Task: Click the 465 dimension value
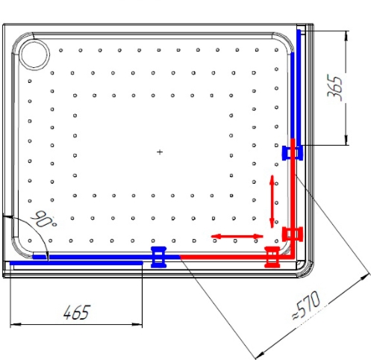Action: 76,312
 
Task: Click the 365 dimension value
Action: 334,87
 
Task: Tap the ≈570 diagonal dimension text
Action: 306,305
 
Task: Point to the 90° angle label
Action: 44,220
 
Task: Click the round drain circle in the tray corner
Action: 34,54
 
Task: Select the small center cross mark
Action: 160,152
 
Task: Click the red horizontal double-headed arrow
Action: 237,236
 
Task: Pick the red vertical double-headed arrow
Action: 272,202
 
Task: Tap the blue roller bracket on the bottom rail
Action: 159,257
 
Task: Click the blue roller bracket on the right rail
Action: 292,153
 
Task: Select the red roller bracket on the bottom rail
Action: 272,257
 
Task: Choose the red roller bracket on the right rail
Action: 293,234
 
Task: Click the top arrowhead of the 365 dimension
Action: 346,36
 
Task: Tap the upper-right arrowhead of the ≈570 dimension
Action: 365,276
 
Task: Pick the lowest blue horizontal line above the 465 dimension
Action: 76,263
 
